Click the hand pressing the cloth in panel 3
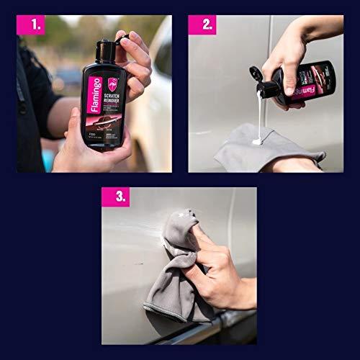tap(216, 274)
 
